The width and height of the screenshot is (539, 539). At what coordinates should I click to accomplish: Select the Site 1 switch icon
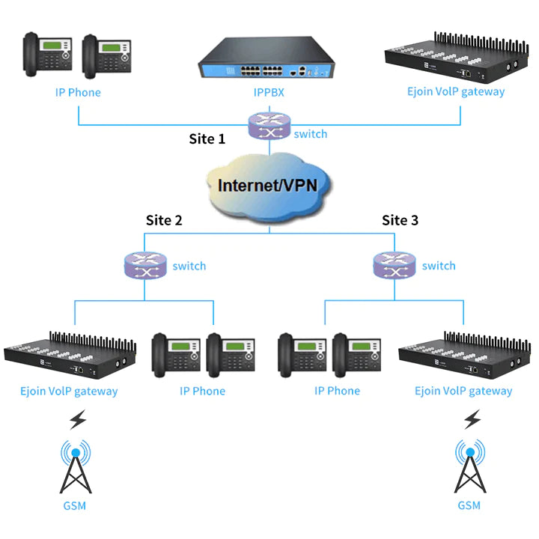(x=269, y=126)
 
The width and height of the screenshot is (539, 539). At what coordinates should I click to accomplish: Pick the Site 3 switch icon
(x=394, y=265)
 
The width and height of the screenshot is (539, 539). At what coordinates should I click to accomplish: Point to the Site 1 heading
(x=207, y=138)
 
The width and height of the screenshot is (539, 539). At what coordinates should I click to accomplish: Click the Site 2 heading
(x=164, y=220)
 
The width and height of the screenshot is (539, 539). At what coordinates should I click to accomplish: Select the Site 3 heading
(x=401, y=220)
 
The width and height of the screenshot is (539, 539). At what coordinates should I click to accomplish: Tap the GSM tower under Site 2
(x=74, y=467)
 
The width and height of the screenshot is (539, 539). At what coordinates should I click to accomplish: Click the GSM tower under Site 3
(x=469, y=467)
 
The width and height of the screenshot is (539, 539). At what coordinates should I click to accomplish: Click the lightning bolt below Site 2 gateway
(x=77, y=420)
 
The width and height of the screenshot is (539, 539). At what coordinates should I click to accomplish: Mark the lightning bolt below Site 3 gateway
(x=471, y=420)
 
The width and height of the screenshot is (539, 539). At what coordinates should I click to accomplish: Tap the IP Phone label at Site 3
(x=337, y=391)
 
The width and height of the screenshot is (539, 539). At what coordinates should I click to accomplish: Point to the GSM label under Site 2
(x=74, y=505)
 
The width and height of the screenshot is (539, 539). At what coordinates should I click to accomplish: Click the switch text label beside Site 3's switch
(x=439, y=266)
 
